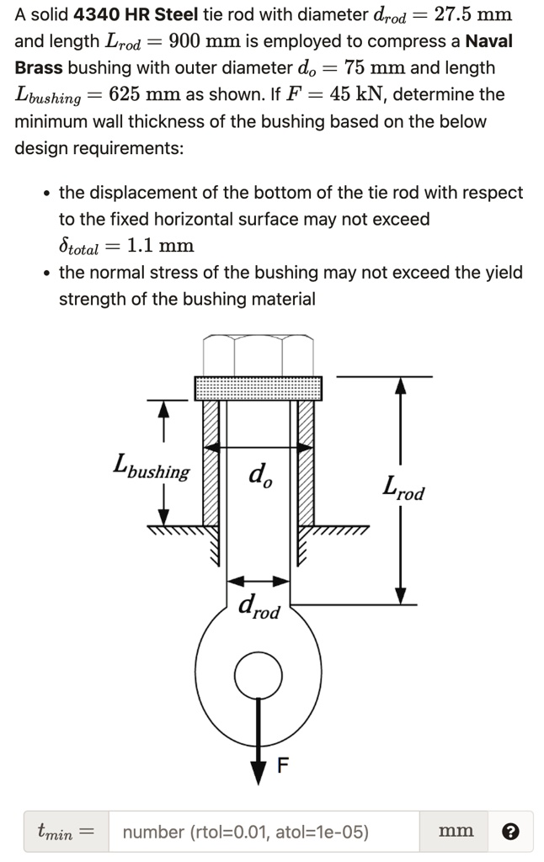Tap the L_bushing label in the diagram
click(152, 467)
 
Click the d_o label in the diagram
click(259, 477)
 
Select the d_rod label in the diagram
click(259, 605)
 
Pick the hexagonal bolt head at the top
click(259, 355)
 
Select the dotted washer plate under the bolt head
click(259, 388)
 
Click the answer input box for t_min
click(263, 832)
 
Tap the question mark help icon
click(510, 832)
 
